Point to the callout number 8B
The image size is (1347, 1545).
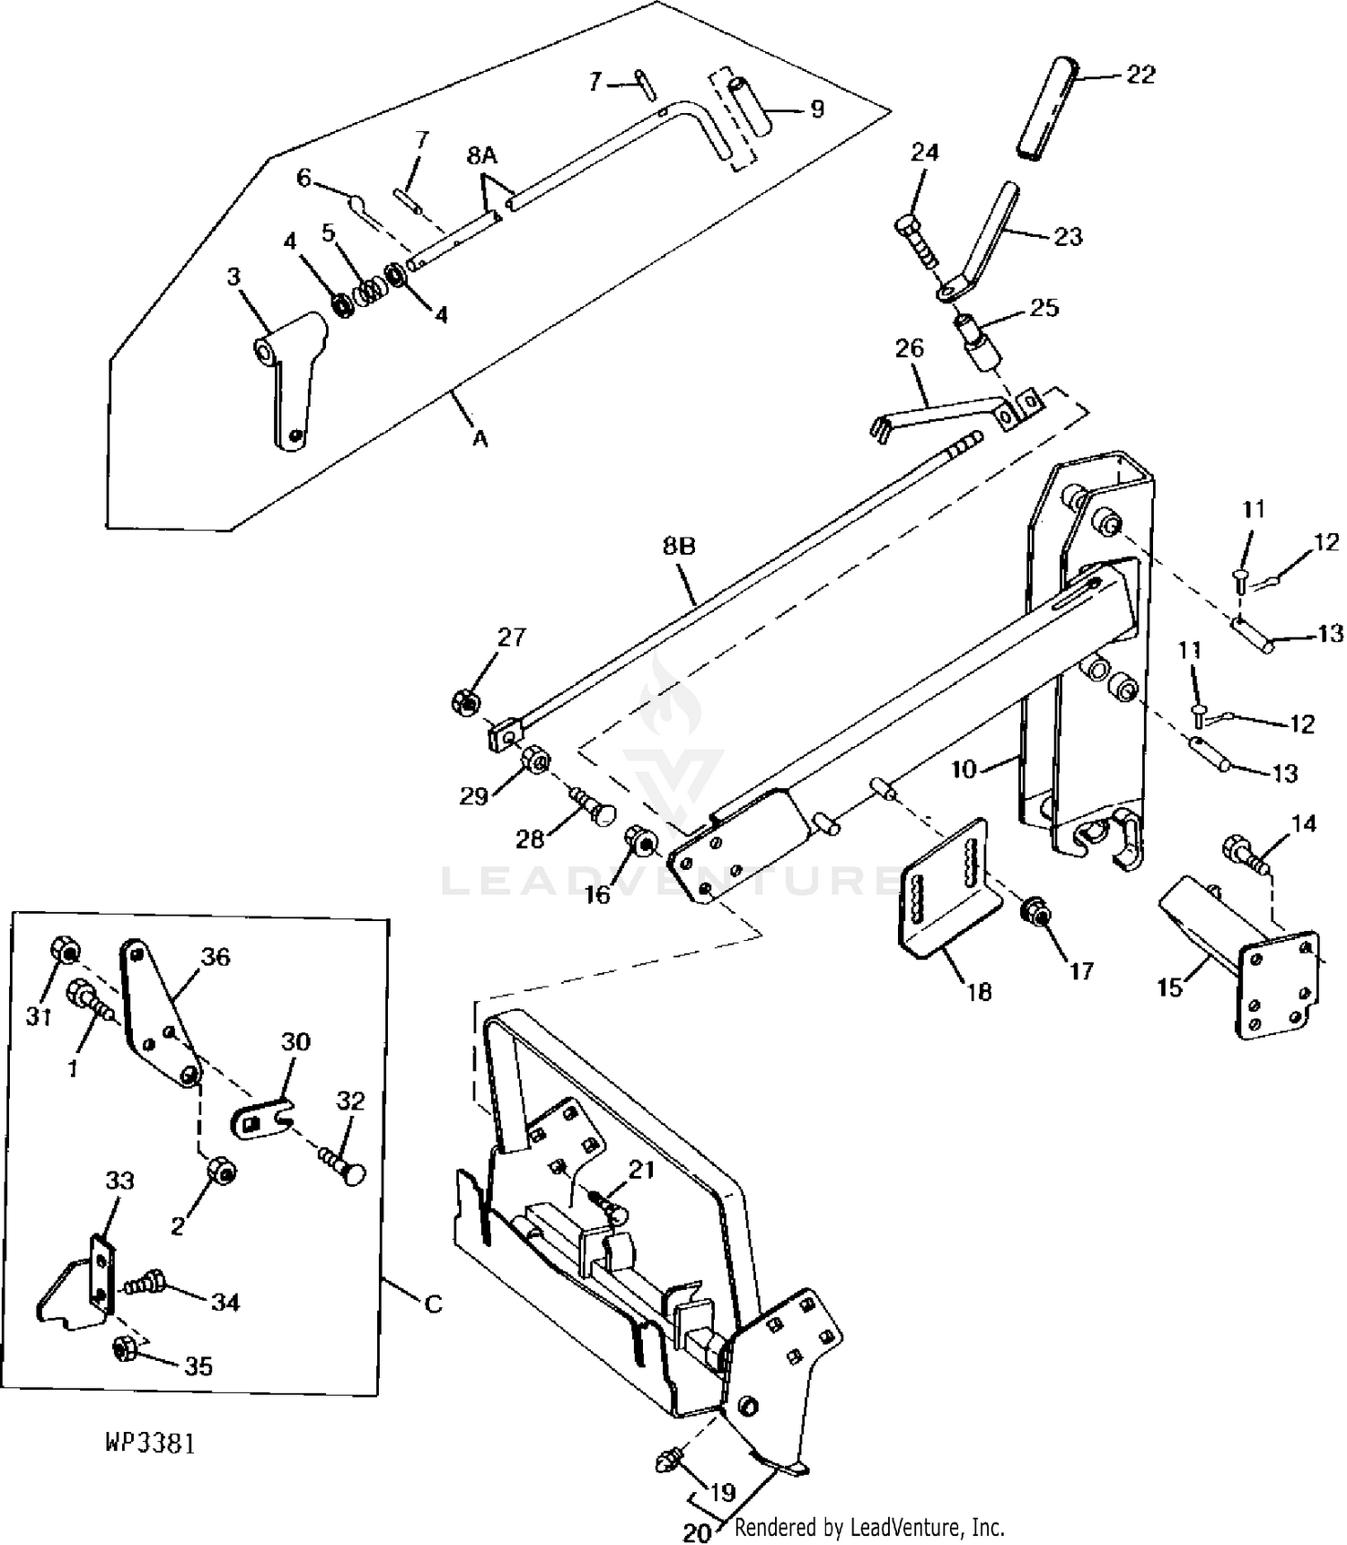coord(679,547)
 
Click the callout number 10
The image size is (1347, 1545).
coord(964,769)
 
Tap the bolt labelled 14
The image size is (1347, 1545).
coord(1244,852)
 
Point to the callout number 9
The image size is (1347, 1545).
coord(817,109)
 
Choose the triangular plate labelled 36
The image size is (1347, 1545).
coord(160,1013)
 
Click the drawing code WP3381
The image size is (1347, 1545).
coord(150,1443)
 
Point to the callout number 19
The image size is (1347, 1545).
coord(723,1493)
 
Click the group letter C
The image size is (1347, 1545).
coord(433,1304)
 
